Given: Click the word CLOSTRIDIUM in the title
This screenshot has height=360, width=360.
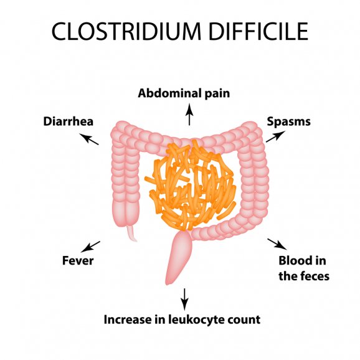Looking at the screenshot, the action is [x=126, y=31].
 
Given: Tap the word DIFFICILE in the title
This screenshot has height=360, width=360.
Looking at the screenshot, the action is [x=258, y=31].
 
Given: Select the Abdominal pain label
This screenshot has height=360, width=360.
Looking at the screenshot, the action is [x=184, y=93].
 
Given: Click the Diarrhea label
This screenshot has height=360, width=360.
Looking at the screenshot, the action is [x=68, y=121].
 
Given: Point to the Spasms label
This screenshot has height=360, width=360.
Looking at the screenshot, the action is [x=288, y=122].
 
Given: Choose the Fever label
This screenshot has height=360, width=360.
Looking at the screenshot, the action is [x=78, y=260].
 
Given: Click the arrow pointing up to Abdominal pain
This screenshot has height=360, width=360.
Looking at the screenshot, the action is [x=189, y=115].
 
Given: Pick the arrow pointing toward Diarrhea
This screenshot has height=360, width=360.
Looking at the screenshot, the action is [x=89, y=139].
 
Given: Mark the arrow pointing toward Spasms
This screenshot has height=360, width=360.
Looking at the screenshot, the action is [x=275, y=136].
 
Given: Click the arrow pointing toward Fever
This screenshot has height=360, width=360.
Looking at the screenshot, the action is [x=90, y=247].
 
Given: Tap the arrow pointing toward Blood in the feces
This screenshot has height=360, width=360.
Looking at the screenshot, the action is [x=277, y=244].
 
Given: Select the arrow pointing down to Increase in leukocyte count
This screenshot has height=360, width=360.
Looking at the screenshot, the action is [x=184, y=300].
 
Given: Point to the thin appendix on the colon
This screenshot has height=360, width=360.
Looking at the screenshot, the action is [x=132, y=233].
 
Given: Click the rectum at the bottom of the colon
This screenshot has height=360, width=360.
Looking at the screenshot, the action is [x=178, y=257].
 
